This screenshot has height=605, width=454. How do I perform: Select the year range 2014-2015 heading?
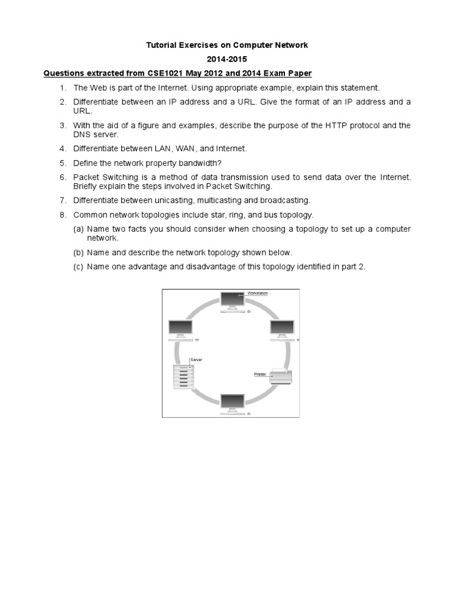[227, 59]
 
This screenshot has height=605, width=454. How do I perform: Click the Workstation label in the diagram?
[257, 293]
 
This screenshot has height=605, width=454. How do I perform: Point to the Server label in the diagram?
[196, 359]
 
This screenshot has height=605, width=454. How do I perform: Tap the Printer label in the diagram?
[261, 375]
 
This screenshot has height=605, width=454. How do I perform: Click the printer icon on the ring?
[281, 376]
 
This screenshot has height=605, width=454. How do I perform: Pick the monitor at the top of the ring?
[231, 301]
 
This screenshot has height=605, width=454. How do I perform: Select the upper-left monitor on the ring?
[180, 328]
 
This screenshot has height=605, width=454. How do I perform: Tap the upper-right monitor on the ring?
[281, 328]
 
